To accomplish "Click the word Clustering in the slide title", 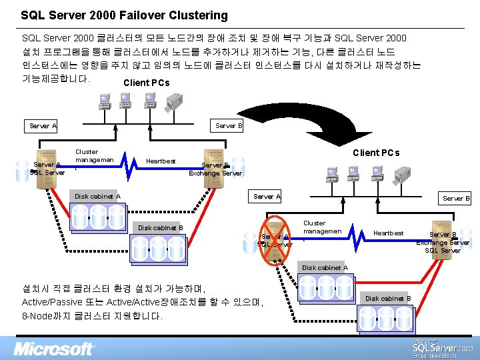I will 195,15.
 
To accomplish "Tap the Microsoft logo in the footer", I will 55,348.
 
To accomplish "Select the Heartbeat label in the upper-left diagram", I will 161,161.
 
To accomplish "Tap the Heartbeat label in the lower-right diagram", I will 388,233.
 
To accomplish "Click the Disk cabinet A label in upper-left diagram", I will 97,197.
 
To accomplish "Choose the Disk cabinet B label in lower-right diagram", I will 388,298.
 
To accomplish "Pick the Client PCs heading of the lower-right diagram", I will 376,153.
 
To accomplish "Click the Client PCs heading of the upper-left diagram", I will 147,83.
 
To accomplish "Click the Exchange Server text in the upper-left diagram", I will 215,173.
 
